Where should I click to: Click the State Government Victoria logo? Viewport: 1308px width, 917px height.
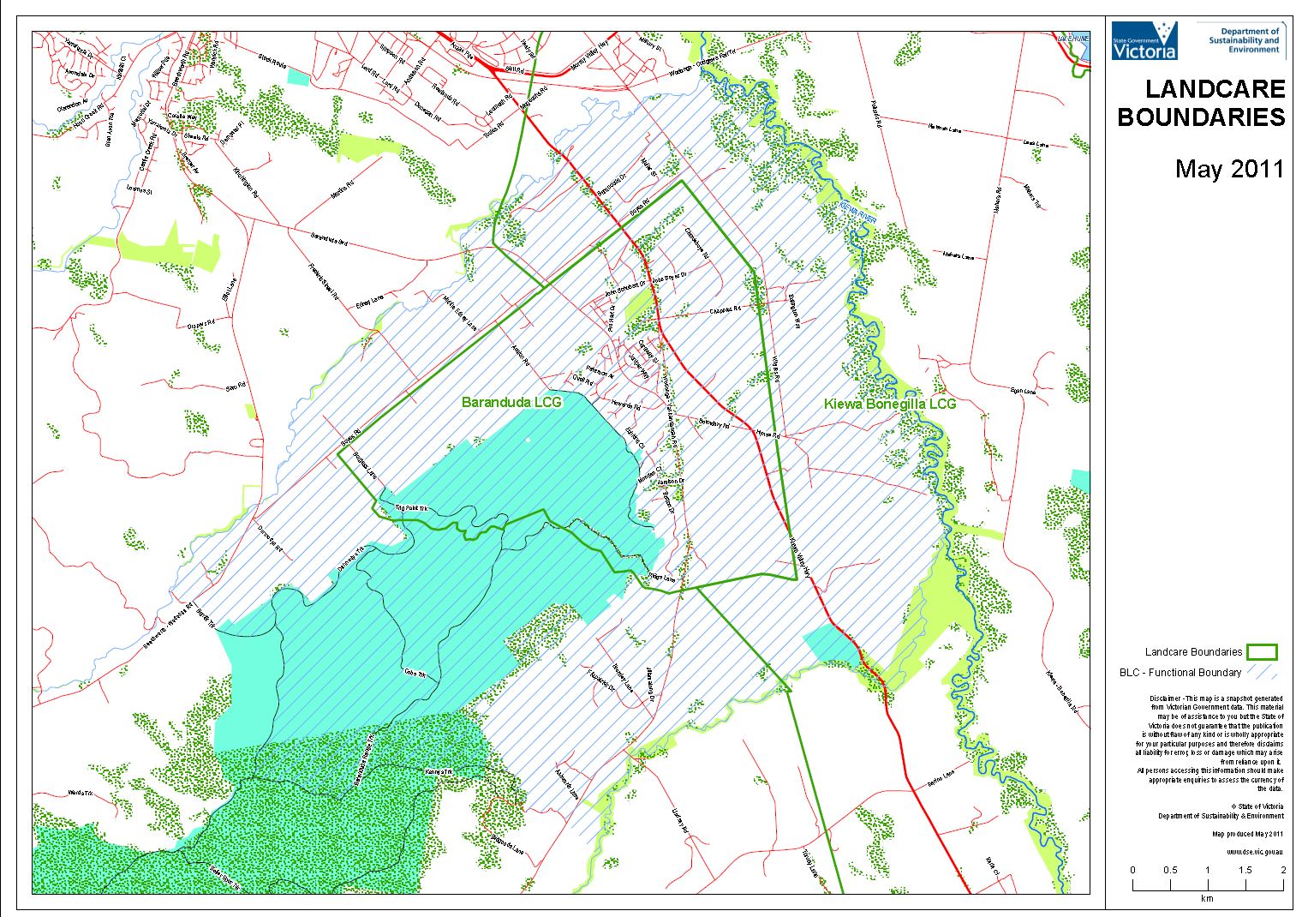click(1144, 41)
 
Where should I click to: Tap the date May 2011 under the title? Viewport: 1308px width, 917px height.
click(1229, 169)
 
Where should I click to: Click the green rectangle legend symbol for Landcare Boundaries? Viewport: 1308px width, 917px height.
click(1262, 652)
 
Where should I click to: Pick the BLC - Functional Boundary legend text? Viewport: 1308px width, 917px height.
click(1180, 673)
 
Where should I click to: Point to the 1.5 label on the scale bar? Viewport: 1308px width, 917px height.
click(1245, 870)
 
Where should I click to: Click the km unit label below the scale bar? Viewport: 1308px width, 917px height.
click(1206, 898)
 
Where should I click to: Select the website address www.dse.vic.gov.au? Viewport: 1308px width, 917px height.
click(1254, 852)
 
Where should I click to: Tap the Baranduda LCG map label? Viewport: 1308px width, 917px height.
click(511, 402)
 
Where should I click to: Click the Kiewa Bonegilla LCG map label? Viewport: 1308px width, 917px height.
click(889, 404)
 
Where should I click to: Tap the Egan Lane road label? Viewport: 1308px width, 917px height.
click(1022, 391)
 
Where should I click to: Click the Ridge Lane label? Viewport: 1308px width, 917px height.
click(660, 578)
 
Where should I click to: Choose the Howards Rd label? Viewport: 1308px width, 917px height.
click(626, 404)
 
